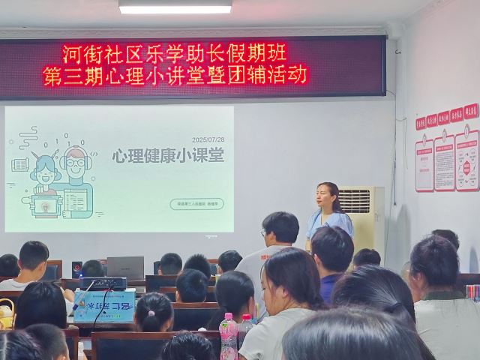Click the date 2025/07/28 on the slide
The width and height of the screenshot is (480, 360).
coord(209,140)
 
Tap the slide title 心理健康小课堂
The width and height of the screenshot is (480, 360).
coord(168,157)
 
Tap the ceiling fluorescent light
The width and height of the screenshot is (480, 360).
coord(175,7)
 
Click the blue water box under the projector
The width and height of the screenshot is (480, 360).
coord(104,306)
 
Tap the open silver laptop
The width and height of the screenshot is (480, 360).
coord(125,267)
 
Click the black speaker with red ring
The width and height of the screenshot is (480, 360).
coord(76,268)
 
